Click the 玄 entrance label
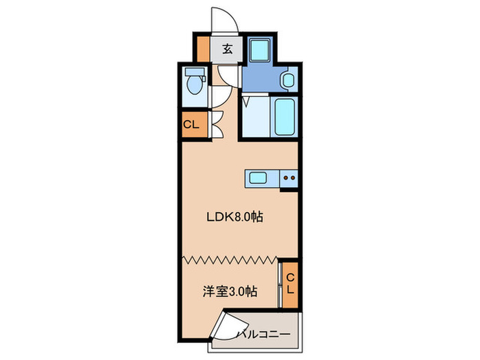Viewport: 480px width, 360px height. [x=226, y=49]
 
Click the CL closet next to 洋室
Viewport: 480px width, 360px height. [x=289, y=283]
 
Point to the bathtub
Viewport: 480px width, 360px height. [x=284, y=116]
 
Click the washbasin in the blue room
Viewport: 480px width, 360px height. [x=287, y=80]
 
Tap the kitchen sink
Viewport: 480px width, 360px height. [x=259, y=178]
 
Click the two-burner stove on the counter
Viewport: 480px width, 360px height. [x=289, y=178]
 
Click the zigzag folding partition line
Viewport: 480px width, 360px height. [x=230, y=260]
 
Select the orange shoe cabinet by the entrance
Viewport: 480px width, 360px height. [x=203, y=49]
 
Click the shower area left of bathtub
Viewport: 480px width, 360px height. [x=255, y=117]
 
